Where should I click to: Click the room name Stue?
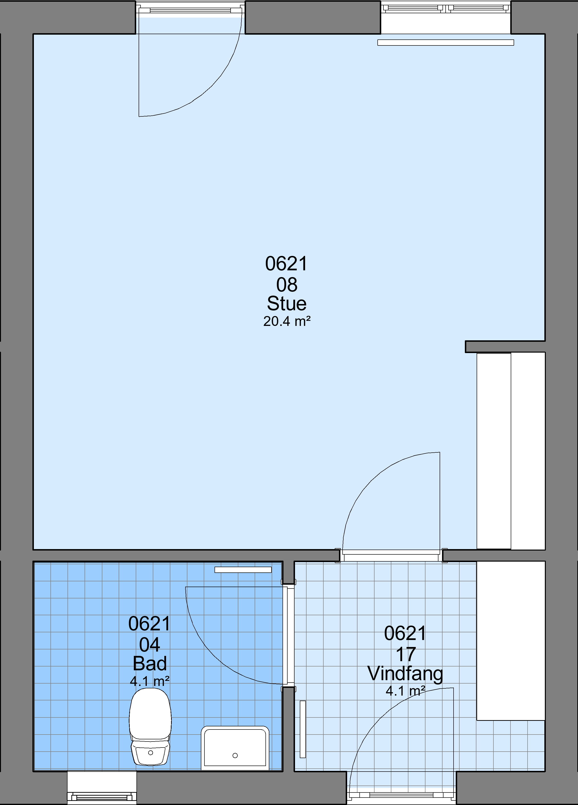pos(287,304)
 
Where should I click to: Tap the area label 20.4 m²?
pos(287,321)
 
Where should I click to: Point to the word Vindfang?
pos(405,674)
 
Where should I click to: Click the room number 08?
pos(287,285)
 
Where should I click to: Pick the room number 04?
pos(150,645)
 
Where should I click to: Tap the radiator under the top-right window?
pos(446,43)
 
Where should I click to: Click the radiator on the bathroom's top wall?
pos(243,570)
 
